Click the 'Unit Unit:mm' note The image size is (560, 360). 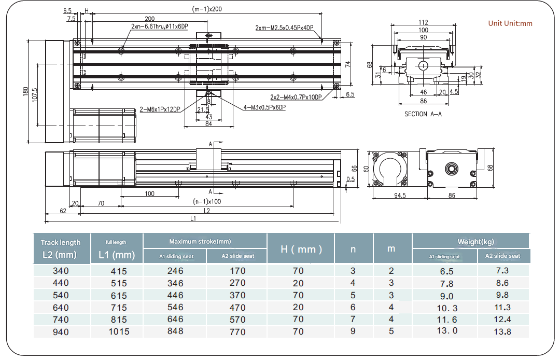(510, 23)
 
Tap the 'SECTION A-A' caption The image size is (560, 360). (423, 114)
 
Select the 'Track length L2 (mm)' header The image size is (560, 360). (61, 248)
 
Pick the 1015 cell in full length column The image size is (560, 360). (119, 331)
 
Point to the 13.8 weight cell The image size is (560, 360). (502, 331)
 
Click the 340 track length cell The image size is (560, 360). (61, 271)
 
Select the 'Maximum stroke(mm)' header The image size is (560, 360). (200, 242)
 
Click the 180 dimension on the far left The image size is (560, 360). (25, 92)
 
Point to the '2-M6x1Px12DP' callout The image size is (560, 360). (161, 109)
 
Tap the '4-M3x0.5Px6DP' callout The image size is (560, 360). (264, 108)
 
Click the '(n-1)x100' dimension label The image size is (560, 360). (207, 201)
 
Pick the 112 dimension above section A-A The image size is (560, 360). (423, 22)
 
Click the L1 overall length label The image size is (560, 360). (193, 219)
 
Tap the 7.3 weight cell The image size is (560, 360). (502, 271)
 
